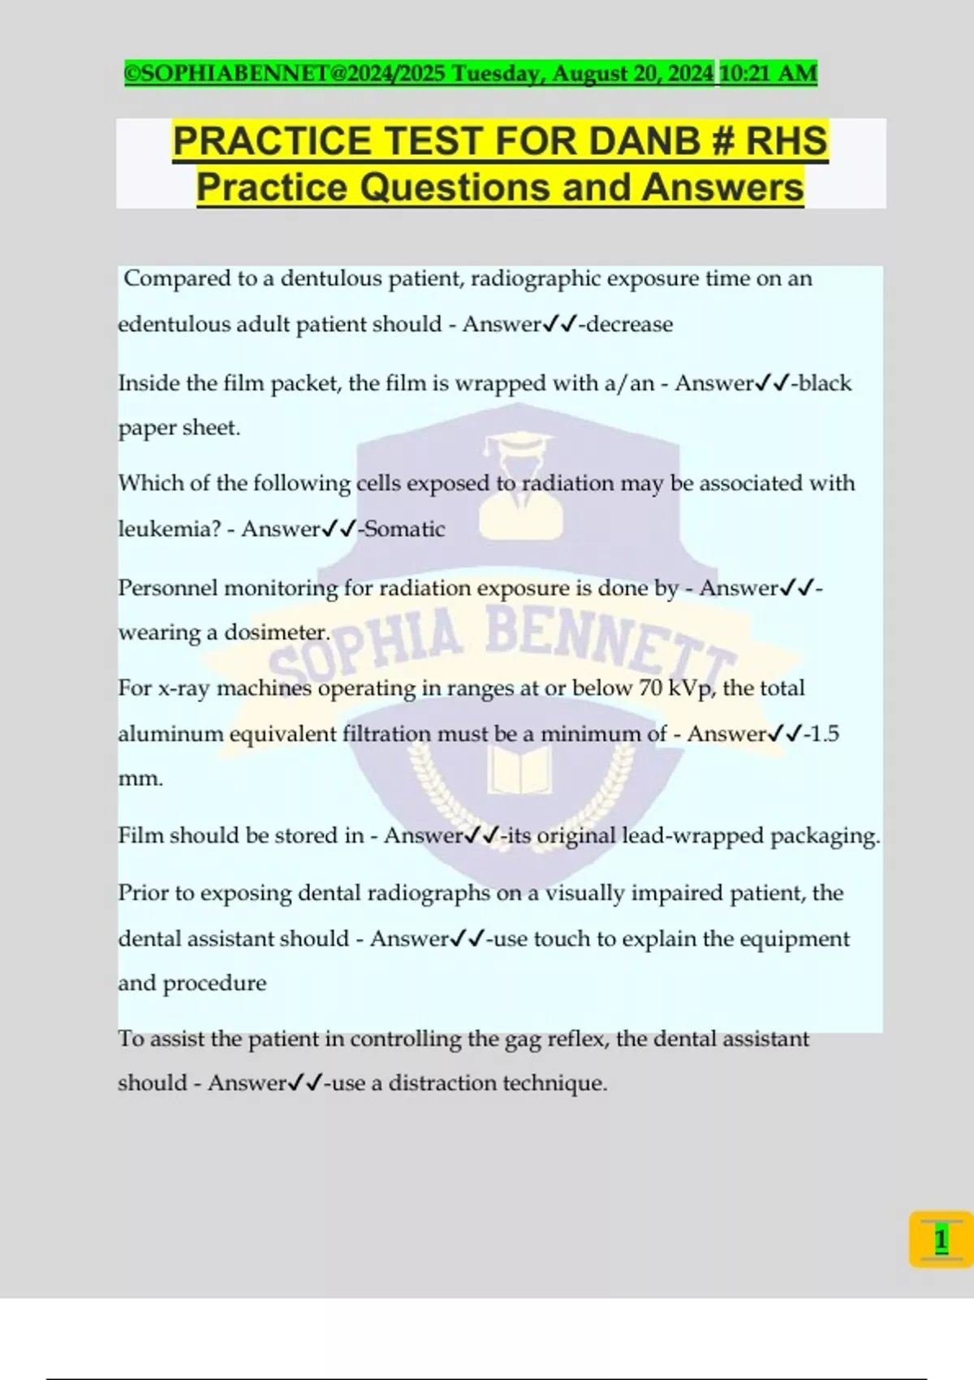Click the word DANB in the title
click(644, 141)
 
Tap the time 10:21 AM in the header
click(768, 73)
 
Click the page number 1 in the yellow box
click(941, 1240)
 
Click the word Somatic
click(405, 529)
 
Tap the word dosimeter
click(276, 632)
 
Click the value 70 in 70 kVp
click(650, 688)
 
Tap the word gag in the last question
click(523, 1040)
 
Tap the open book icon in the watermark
click(519, 767)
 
